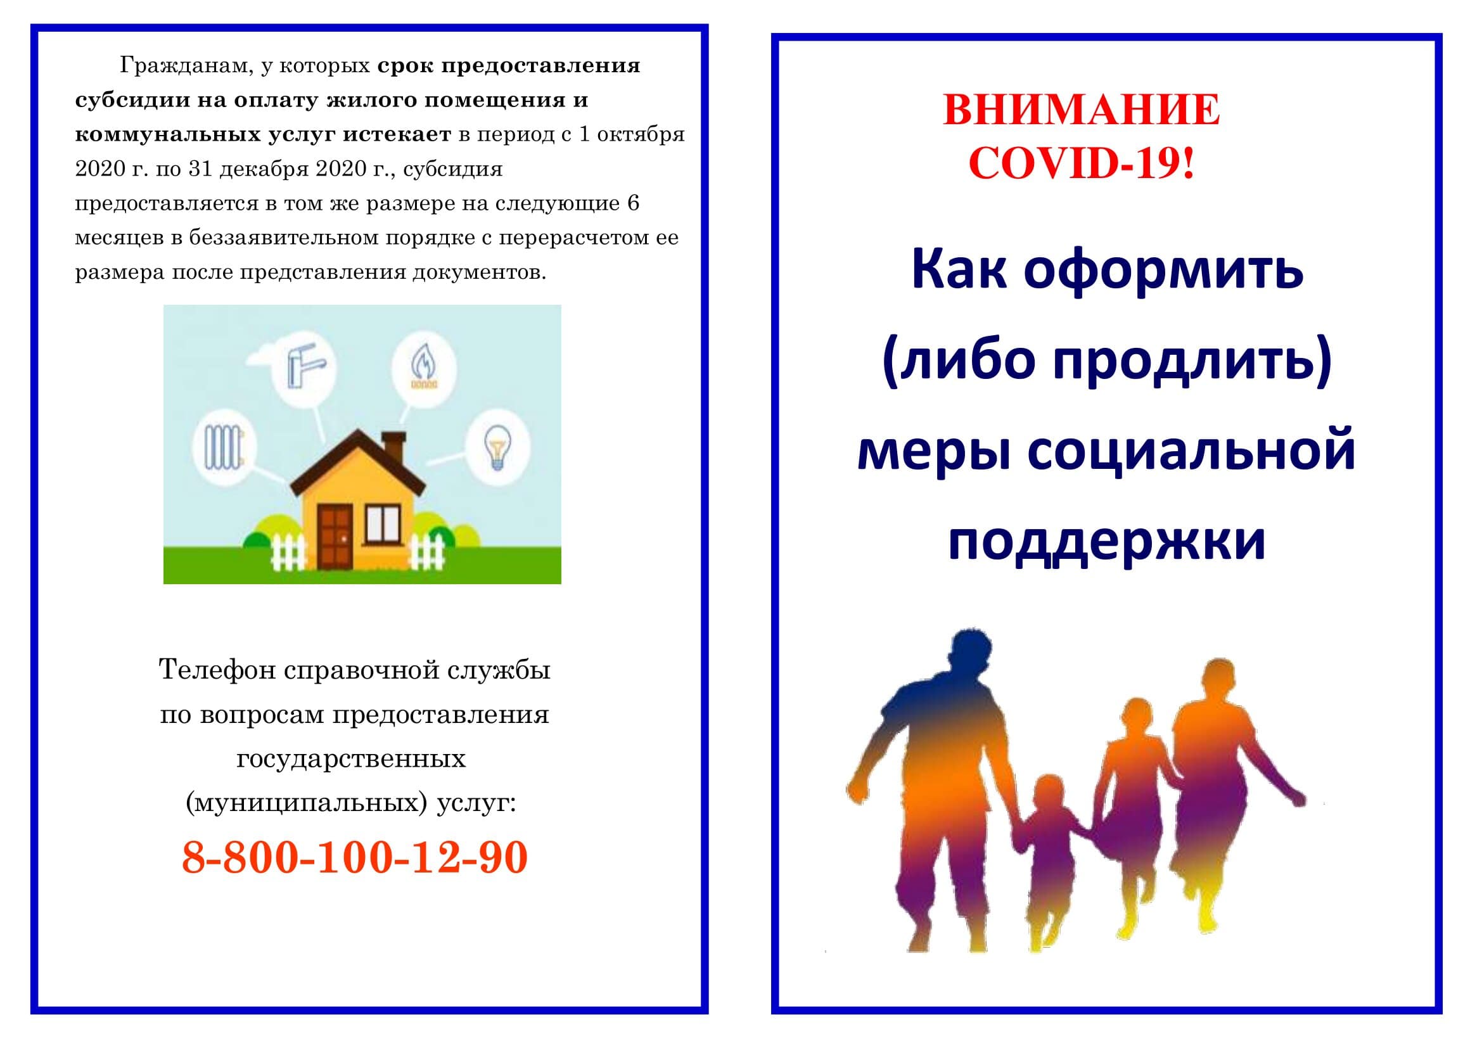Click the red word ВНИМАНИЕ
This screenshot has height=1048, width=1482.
point(1081,110)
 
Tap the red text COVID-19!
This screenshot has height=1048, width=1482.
point(1082,163)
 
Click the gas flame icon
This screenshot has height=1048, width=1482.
point(423,369)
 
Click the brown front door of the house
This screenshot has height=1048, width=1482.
point(335,535)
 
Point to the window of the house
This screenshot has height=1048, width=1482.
point(383,523)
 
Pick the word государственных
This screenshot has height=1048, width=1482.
point(351,759)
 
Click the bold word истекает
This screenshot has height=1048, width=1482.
point(397,134)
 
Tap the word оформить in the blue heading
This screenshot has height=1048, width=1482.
point(1163,271)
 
